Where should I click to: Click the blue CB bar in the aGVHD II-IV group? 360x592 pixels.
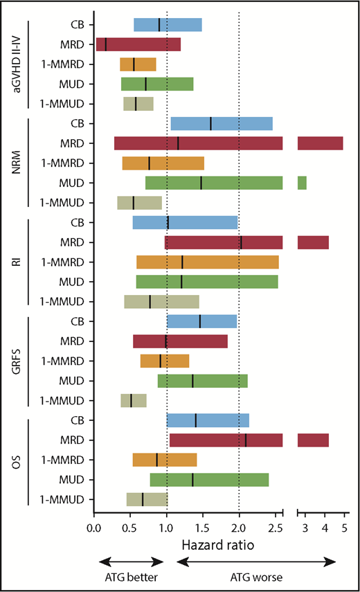[168, 25]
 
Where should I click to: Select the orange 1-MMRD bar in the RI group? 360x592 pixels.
[208, 262]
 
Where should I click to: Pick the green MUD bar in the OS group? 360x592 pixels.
[209, 480]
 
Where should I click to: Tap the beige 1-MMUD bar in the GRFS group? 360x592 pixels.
[134, 400]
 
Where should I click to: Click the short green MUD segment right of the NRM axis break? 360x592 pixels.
[302, 183]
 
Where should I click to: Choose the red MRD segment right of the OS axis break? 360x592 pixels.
[313, 440]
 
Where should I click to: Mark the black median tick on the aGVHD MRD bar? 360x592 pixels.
[106, 44]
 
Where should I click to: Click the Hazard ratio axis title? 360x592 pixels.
[209, 546]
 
